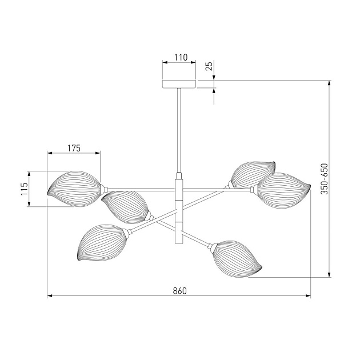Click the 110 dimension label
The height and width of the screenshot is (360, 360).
click(181, 57)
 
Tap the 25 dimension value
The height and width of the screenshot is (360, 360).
click(210, 66)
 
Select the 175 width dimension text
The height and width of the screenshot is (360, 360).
click(74, 149)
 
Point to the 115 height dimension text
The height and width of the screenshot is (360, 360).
click(25, 189)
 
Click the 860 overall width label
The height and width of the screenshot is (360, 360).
click(180, 291)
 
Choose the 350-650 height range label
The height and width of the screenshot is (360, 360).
click(324, 179)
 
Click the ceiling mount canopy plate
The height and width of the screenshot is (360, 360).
click(179, 84)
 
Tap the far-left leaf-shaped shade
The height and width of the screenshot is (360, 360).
click(74, 189)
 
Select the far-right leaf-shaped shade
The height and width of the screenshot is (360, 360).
click(284, 190)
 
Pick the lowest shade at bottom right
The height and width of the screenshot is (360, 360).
click(237, 259)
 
